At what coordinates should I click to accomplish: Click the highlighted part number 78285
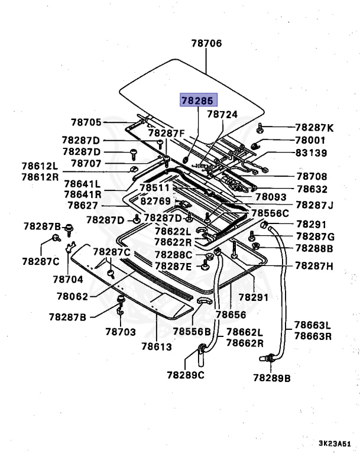(x=197, y=101)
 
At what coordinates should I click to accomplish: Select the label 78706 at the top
(x=206, y=43)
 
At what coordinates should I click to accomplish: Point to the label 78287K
(x=314, y=128)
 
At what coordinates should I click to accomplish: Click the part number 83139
(x=314, y=153)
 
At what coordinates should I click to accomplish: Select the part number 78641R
(x=83, y=194)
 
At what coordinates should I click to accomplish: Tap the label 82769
(x=155, y=201)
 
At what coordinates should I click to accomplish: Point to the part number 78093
(x=270, y=197)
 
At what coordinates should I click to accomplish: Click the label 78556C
(x=270, y=213)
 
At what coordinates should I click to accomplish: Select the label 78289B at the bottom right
(x=272, y=377)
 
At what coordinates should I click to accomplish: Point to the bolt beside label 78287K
(x=261, y=128)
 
